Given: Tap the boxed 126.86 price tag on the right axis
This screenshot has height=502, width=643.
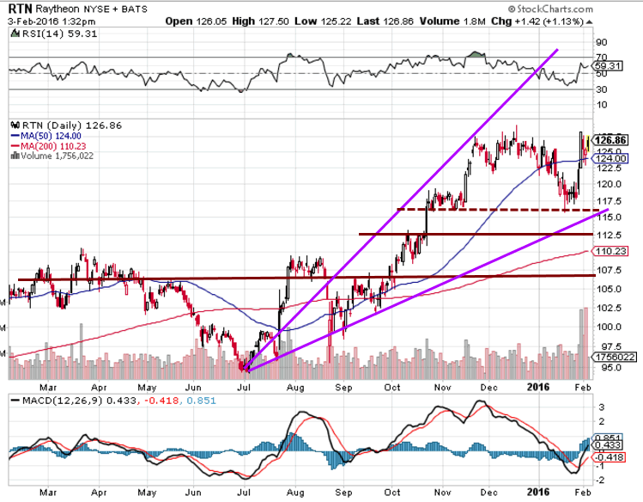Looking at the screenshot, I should (x=611, y=139).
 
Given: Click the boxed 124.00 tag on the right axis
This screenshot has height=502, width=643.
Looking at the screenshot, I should (x=611, y=158).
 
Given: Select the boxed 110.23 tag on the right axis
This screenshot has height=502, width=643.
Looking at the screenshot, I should (x=611, y=251).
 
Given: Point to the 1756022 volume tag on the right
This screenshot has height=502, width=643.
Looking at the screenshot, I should (x=613, y=358).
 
